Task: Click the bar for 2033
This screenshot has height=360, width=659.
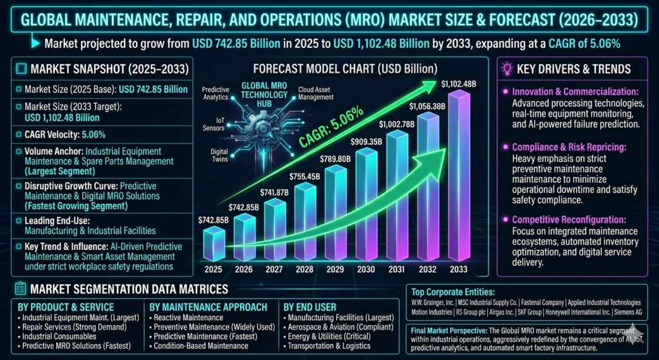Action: click(x=459, y=176)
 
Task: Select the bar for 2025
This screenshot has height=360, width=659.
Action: click(x=214, y=244)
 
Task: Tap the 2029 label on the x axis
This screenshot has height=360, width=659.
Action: click(x=335, y=270)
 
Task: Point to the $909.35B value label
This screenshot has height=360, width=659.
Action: click(x=366, y=141)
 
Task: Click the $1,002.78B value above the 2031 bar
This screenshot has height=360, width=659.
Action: click(x=396, y=124)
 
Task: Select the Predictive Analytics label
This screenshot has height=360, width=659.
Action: click(x=215, y=93)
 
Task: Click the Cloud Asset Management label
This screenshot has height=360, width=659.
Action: click(x=315, y=93)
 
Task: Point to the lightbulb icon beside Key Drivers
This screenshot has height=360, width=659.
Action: click(x=507, y=69)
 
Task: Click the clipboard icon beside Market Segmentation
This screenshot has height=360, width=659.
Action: click(x=20, y=289)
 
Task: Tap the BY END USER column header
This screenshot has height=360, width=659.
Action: click(x=310, y=307)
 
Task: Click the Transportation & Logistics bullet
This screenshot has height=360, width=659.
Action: click(x=327, y=346)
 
